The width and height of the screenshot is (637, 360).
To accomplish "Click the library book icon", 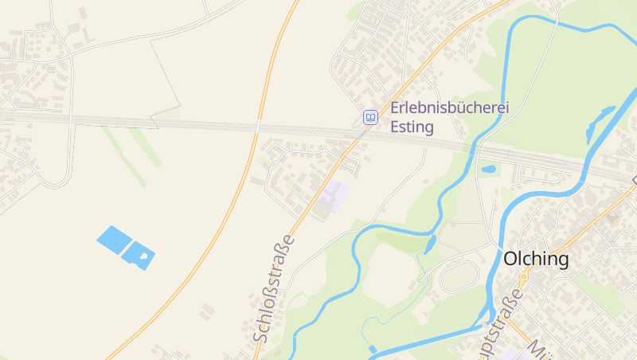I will click(x=370, y=117).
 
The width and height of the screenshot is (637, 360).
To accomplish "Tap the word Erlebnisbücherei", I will click(x=449, y=108).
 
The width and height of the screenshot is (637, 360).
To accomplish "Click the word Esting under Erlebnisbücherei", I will click(x=412, y=127).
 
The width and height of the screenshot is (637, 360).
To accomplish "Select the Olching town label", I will click(x=537, y=259).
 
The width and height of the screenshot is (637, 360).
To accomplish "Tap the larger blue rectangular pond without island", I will click(x=114, y=239).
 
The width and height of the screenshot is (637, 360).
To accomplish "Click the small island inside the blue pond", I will click(x=143, y=256).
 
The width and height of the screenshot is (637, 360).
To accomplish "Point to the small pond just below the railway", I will click(x=489, y=169).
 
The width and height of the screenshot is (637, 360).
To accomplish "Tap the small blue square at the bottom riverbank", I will click(x=373, y=349).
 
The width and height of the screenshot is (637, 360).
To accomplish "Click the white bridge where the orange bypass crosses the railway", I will click(x=258, y=126).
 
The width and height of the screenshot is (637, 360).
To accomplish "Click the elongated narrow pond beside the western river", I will click(x=431, y=244).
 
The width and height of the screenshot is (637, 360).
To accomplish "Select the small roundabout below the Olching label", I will click(x=524, y=276).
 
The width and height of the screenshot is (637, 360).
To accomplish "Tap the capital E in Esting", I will click(x=395, y=127).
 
